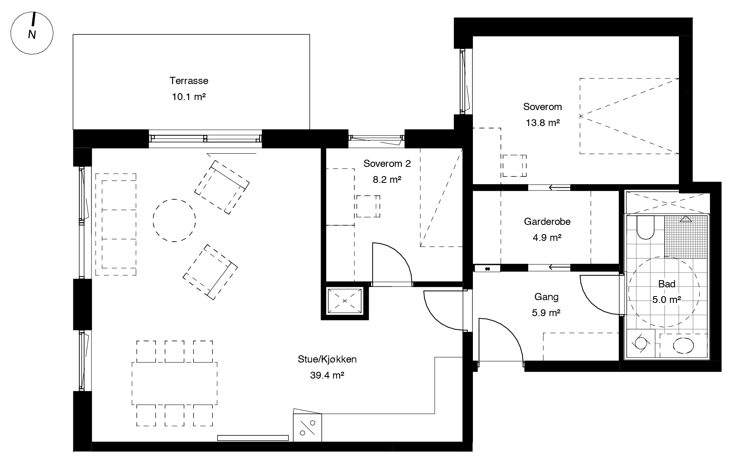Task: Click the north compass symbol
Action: pyautogui.click(x=32, y=33)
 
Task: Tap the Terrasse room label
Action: pyautogui.click(x=189, y=81)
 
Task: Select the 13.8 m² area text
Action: pyautogui.click(x=543, y=123)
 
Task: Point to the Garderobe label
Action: pyautogui.click(x=547, y=222)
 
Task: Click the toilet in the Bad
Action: pyautogui.click(x=645, y=228)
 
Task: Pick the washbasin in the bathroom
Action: pyautogui.click(x=683, y=345)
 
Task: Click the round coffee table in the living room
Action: pyautogui.click(x=174, y=220)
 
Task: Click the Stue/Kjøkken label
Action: pyautogui.click(x=327, y=359)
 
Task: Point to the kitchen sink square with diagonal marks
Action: pyautogui.click(x=307, y=428)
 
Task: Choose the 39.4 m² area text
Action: pyautogui.click(x=327, y=375)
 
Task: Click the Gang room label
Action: pyautogui.click(x=546, y=297)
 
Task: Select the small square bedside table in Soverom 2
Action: pyautogui.click(x=368, y=206)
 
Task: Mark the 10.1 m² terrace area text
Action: pyautogui.click(x=189, y=97)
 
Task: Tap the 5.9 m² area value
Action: pyautogui.click(x=546, y=313)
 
